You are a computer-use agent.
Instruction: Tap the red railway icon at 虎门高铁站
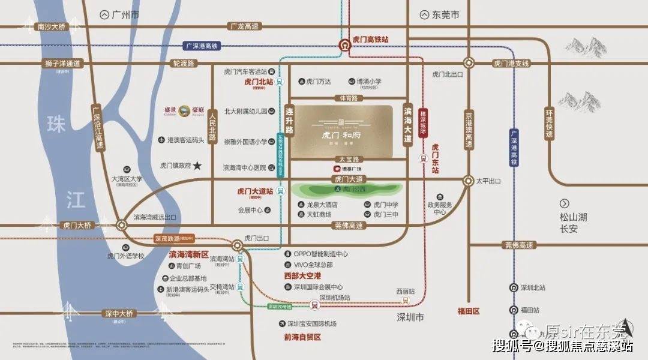(x=346, y=44)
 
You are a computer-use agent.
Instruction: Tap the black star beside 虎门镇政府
(x=197, y=165)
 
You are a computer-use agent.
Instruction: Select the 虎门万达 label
(x=318, y=82)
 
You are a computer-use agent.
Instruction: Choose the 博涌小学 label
(x=369, y=82)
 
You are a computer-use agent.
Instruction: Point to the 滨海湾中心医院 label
(x=244, y=168)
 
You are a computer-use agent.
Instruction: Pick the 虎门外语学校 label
(x=126, y=256)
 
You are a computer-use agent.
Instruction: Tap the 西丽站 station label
(x=405, y=291)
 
